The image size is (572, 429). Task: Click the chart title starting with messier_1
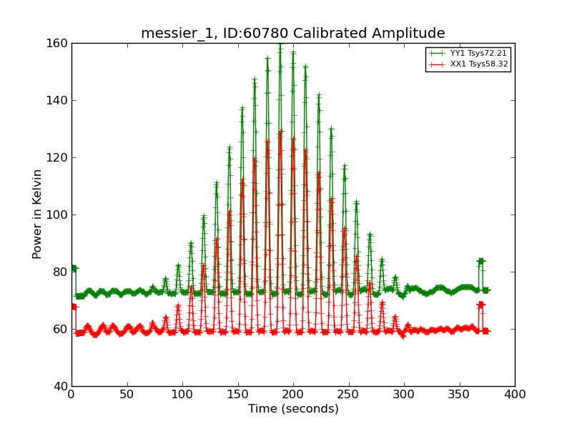click(292, 34)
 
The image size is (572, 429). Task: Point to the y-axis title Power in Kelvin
click(37, 214)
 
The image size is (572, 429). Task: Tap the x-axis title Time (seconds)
click(293, 409)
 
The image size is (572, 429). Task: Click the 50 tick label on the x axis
click(127, 394)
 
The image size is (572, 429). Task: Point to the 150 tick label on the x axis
click(237, 394)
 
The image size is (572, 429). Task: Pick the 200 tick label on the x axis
click(293, 394)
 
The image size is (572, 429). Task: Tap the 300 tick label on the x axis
click(404, 394)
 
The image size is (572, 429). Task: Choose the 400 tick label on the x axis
click(515, 394)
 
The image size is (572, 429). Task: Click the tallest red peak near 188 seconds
click(280, 132)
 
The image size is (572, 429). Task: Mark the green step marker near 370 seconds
click(481, 262)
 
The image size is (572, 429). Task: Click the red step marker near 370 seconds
click(481, 305)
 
